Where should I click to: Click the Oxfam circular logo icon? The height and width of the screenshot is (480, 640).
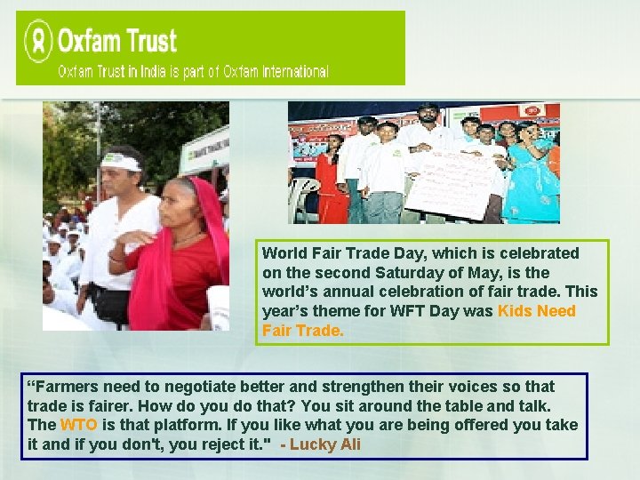click(38, 41)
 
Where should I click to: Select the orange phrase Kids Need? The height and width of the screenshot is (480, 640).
click(536, 311)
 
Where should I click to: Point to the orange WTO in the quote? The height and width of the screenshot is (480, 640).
click(72, 425)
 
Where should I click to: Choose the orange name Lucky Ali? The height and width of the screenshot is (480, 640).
click(325, 444)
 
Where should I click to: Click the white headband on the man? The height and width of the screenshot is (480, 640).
click(123, 163)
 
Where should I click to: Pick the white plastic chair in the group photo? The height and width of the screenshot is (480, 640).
click(304, 201)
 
